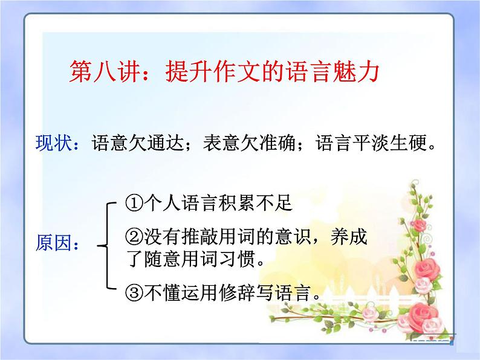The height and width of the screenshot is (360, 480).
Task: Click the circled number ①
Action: click(x=135, y=203)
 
